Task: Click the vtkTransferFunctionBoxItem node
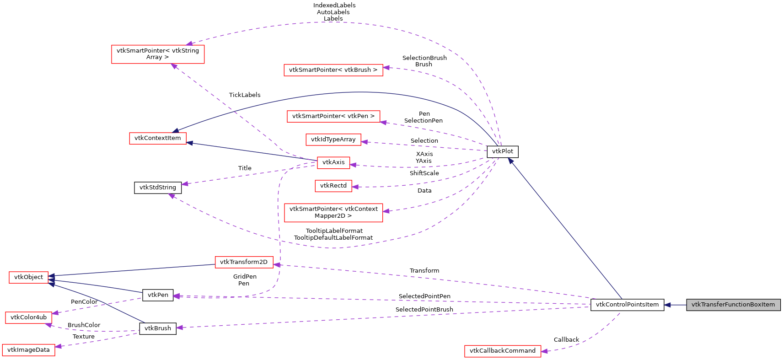[733, 305]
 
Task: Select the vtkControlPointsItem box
[627, 305]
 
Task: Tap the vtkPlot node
[502, 151]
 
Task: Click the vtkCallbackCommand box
[502, 351]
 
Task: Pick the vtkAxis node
[333, 162]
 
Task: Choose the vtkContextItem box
[158, 138]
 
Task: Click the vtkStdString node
[158, 188]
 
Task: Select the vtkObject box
[28, 277]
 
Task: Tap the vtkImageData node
[28, 350]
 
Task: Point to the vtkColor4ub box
[28, 317]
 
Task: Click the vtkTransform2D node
[244, 262]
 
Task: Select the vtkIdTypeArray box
[333, 140]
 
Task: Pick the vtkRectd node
[333, 186]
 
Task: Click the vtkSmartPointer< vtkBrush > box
[333, 70]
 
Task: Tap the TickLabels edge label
[245, 95]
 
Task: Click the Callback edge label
[566, 340]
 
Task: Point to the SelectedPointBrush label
[424, 310]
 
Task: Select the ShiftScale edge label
[424, 173]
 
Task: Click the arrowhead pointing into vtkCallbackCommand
[544, 351]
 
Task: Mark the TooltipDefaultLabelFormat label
[333, 238]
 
